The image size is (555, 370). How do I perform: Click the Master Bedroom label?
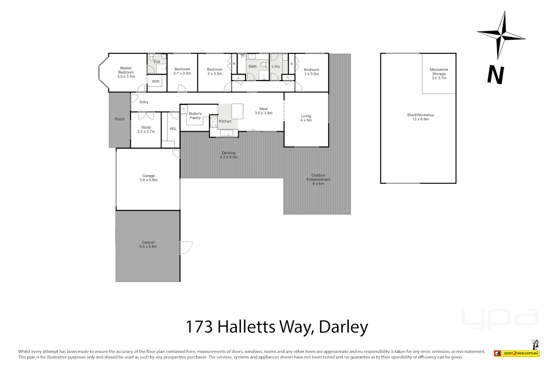[x=126, y=70]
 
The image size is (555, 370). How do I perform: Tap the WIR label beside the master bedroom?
[x=156, y=82]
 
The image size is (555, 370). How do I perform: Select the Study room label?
[x=146, y=127]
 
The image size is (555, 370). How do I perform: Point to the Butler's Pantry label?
[x=195, y=116]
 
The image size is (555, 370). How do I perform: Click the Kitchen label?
[x=225, y=121]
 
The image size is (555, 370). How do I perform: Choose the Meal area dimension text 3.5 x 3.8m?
[x=263, y=113]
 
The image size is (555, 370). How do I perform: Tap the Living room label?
[x=306, y=116]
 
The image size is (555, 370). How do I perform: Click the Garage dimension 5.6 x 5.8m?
[x=148, y=180]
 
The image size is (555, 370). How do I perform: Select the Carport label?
[x=148, y=243]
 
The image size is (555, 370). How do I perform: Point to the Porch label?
[x=120, y=119]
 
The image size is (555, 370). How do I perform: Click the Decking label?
[x=229, y=153]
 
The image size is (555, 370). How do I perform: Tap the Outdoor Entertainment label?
[x=318, y=177]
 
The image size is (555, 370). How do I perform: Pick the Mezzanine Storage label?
[x=439, y=72]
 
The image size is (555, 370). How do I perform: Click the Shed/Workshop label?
[x=420, y=115]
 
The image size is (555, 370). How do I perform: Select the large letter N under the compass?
[x=496, y=75]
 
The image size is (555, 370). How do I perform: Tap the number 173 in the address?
[x=199, y=327]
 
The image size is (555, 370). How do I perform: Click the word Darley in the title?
[x=343, y=327]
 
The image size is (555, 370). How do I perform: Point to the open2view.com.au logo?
[x=521, y=353]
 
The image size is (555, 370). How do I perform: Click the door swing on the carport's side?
[x=185, y=247]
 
